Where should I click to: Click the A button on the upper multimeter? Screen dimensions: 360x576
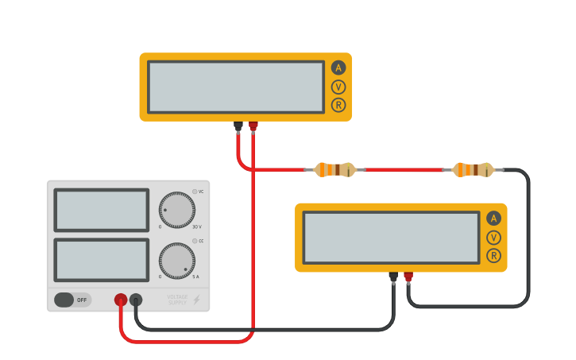point(338,68)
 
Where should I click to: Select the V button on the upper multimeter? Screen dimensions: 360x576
point(338,87)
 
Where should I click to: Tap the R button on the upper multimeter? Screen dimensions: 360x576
point(338,105)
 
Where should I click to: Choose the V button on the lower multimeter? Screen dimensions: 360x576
point(494,237)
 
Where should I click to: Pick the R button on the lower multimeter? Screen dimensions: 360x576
point(494,255)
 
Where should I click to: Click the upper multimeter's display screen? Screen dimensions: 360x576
point(236,87)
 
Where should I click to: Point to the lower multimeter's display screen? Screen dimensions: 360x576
point(391,237)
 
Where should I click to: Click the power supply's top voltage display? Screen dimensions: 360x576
point(101,210)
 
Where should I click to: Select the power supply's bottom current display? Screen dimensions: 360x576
point(101,260)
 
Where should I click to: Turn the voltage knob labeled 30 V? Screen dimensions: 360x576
point(176,210)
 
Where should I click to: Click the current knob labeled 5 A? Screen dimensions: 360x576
point(176,261)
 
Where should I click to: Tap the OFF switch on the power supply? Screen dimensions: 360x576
point(72,300)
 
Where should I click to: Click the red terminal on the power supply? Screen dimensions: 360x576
point(121,300)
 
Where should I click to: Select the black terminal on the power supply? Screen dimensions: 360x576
point(136,300)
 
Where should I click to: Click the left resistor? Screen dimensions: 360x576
point(334,169)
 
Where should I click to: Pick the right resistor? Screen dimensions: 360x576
point(473,169)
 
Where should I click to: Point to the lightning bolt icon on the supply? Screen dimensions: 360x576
point(196,300)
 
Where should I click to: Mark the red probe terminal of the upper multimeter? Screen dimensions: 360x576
point(253,126)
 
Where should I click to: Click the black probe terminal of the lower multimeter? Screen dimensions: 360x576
point(393,277)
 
